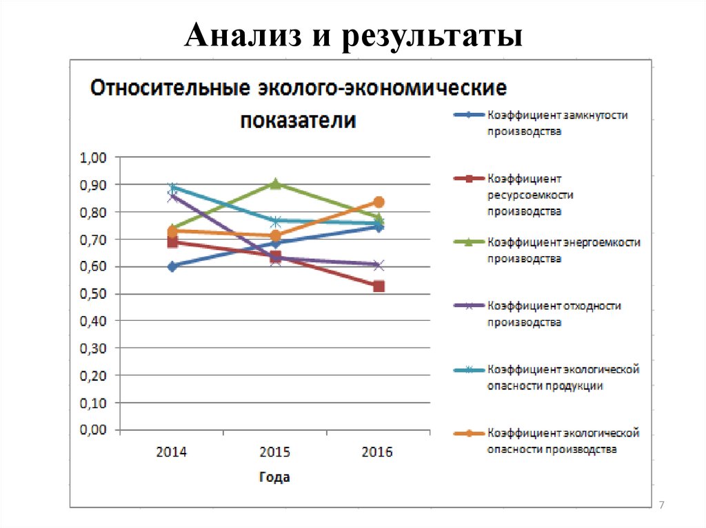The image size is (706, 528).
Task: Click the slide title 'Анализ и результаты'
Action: pyautogui.click(x=352, y=36)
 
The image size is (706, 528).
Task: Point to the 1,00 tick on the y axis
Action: pyautogui.click(x=94, y=158)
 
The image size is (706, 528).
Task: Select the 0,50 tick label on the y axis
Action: pyautogui.click(x=94, y=294)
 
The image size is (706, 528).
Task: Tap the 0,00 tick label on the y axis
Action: pyautogui.click(x=94, y=430)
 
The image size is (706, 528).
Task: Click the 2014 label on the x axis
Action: pyautogui.click(x=172, y=452)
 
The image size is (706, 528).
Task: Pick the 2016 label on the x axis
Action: pyautogui.click(x=377, y=452)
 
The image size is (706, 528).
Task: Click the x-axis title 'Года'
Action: pyautogui.click(x=274, y=476)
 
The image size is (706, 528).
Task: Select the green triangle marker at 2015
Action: pyautogui.click(x=275, y=184)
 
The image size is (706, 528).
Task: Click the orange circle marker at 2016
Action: pyautogui.click(x=379, y=202)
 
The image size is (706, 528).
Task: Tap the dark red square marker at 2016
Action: pyautogui.click(x=379, y=286)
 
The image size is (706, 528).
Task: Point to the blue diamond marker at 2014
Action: pyautogui.click(x=172, y=266)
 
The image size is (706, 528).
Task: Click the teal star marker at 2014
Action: pyautogui.click(x=172, y=187)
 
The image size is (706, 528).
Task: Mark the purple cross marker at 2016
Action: pyautogui.click(x=379, y=265)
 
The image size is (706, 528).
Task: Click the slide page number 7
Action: pyautogui.click(x=662, y=506)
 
